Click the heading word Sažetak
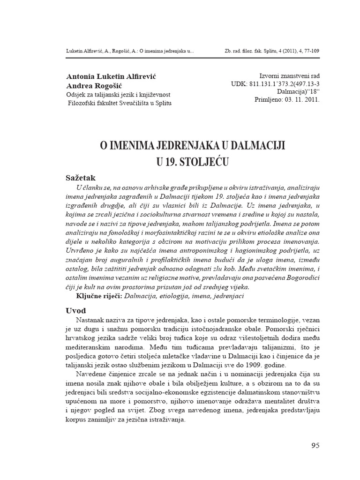(x=80, y=178)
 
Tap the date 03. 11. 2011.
(x=300, y=100)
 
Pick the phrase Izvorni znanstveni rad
(x=289, y=76)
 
